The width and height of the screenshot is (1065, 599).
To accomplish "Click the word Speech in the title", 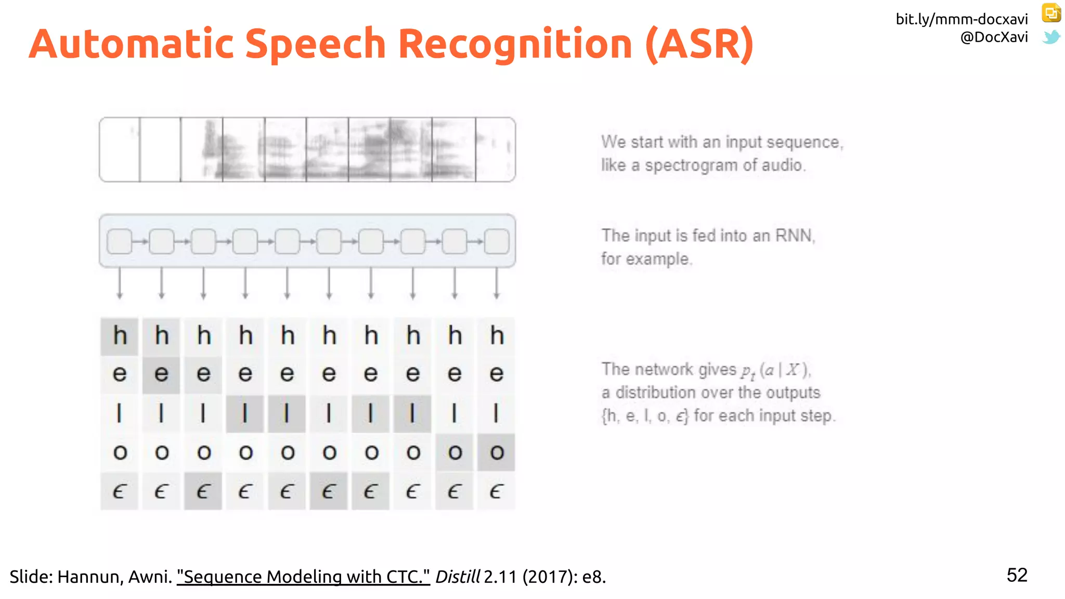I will coord(315,44).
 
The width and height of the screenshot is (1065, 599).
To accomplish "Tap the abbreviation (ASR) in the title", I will coord(699,44).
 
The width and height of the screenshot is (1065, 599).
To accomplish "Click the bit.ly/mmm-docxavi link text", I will coord(962,19).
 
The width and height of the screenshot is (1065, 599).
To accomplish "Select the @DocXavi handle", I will coord(994,37).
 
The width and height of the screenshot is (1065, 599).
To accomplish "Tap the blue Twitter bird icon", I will coord(1051,37).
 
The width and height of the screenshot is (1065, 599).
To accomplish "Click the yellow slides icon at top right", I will coord(1051,13).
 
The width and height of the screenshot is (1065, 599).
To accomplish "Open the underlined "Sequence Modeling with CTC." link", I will coord(303,577).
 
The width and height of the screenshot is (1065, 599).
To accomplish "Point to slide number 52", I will coord(1017,575).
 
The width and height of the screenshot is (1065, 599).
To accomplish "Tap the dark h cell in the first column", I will coord(120,336).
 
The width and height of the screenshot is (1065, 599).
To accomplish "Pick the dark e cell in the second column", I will coord(161,374).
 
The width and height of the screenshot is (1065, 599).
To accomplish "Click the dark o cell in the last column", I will coord(497,452).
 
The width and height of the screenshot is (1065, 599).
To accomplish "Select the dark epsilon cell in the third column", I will coord(203,491).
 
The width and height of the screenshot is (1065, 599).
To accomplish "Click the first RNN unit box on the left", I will coord(120,242).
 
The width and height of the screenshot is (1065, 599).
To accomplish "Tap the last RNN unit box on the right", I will coord(497,242).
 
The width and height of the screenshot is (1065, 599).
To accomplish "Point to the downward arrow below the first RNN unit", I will coord(120,283).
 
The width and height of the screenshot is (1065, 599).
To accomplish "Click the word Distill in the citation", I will coord(457,577).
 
